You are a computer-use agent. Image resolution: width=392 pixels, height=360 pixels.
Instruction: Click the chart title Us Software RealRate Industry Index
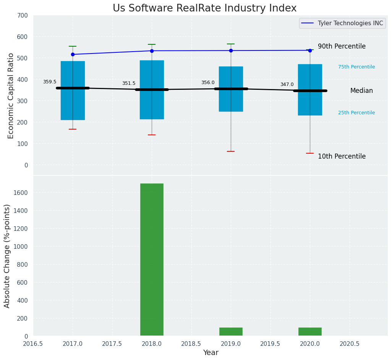(x=204, y=8)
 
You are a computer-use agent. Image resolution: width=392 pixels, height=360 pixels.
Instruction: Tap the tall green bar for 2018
(x=152, y=260)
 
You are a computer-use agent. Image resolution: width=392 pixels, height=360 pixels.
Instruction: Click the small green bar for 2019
(x=231, y=332)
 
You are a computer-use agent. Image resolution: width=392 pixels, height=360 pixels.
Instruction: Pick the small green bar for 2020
(x=310, y=332)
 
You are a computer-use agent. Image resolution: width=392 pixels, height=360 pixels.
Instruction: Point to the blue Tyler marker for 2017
(x=73, y=54)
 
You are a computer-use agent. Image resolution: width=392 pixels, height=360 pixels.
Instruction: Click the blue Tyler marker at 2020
(x=310, y=50)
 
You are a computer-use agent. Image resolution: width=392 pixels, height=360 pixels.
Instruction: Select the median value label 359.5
(x=50, y=82)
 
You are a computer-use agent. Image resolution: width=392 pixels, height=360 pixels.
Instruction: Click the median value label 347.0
(x=287, y=84)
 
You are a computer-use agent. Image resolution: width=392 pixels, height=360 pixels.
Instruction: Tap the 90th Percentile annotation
(x=342, y=46)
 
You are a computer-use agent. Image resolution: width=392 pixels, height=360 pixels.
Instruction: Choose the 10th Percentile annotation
(x=342, y=156)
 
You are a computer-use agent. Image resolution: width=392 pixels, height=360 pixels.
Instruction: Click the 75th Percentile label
(x=356, y=67)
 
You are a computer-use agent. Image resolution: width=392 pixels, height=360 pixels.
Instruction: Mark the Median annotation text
(x=361, y=91)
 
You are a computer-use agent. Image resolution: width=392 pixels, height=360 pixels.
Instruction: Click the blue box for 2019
(x=231, y=103)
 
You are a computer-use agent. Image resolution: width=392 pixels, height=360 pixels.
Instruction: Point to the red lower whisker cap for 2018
(x=152, y=135)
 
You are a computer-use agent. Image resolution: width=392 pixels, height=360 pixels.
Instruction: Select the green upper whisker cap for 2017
(x=73, y=46)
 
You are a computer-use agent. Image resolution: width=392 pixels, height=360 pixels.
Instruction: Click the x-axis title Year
(x=211, y=353)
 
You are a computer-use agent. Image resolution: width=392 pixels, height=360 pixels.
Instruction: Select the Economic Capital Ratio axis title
(x=11, y=96)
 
